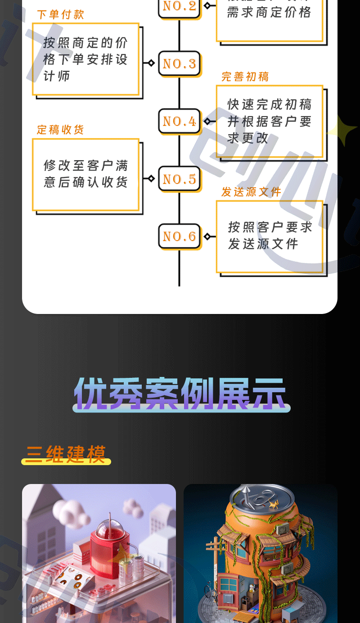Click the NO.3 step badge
pyautogui.click(x=179, y=63)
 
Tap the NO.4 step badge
pyautogui.click(x=179, y=121)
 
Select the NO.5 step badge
pyautogui.click(x=179, y=179)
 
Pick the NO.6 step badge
pyautogui.click(x=179, y=236)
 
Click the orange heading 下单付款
pyautogui.click(x=61, y=14)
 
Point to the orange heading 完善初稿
pyautogui.click(x=245, y=77)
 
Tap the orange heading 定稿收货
pyautogui.click(x=61, y=130)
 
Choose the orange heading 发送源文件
pyautogui.click(x=252, y=192)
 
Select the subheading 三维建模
pyautogui.click(x=66, y=454)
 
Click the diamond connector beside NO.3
pyautogui.click(x=151, y=63)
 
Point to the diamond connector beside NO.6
pyautogui.click(x=207, y=236)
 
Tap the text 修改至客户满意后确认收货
pyautogui.click(x=85, y=174)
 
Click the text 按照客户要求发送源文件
pyautogui.click(x=270, y=235)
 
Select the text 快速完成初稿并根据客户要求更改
pyautogui.click(x=269, y=121)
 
